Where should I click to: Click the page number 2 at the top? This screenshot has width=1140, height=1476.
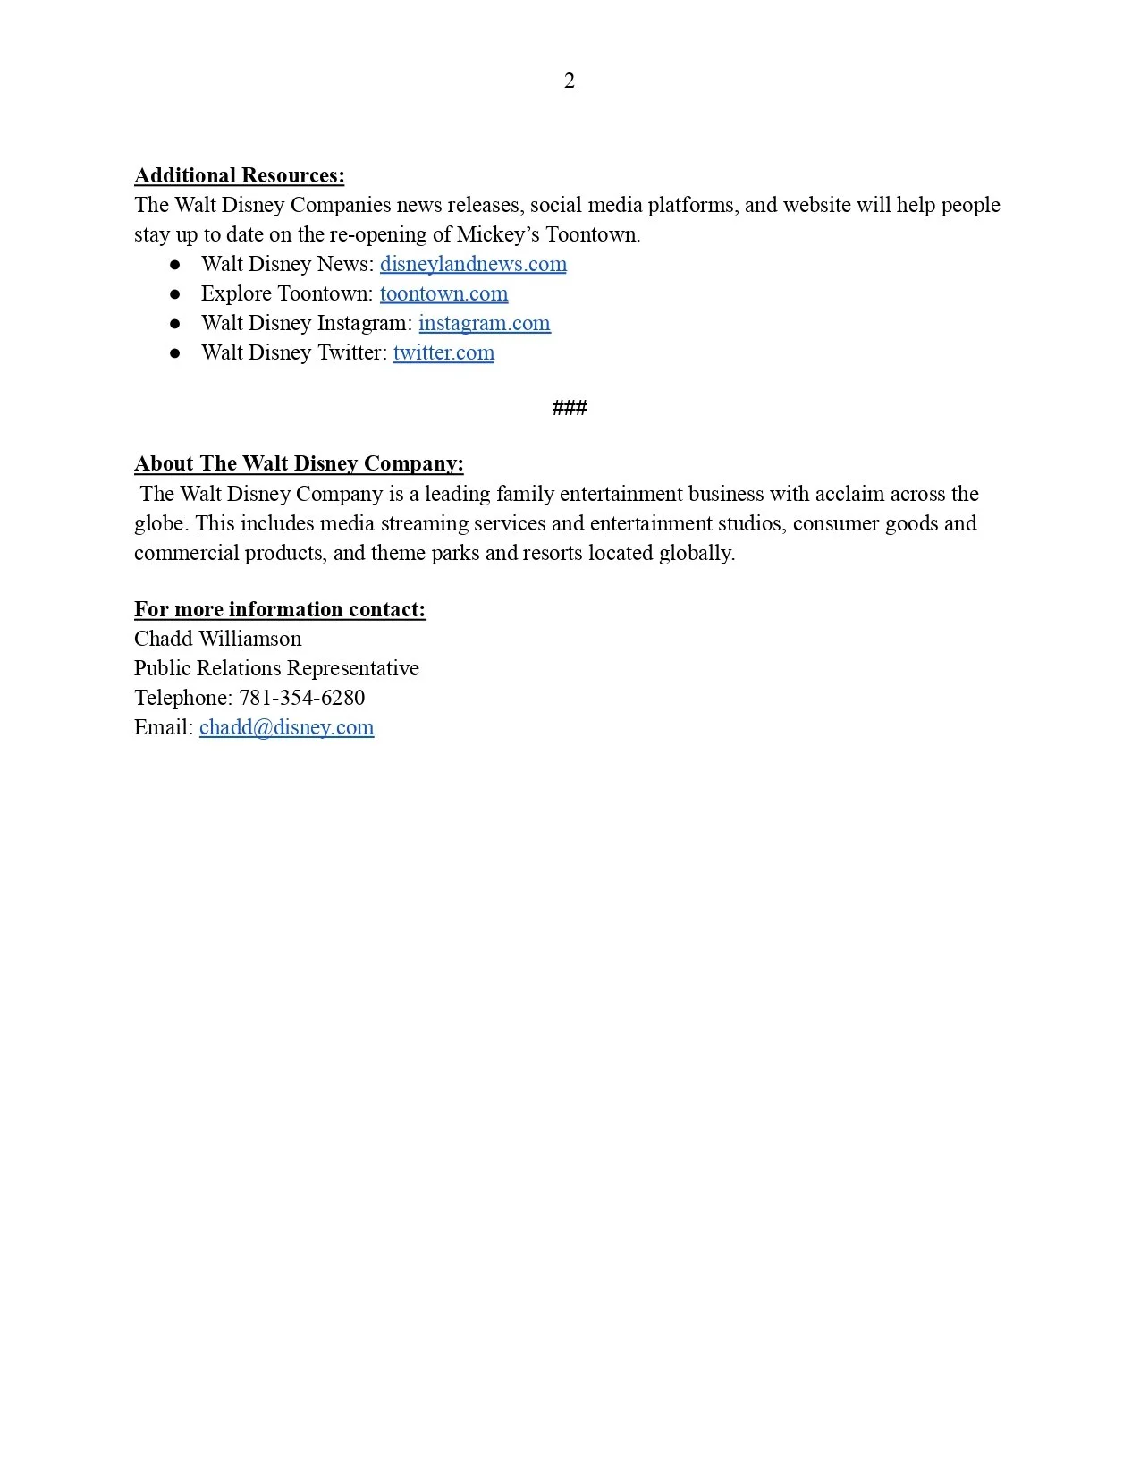tap(570, 81)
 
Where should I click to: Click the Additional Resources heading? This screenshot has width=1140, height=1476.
tap(239, 175)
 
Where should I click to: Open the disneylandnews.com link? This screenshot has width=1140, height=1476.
tap(473, 264)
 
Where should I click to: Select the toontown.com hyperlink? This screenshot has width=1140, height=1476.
tap(443, 293)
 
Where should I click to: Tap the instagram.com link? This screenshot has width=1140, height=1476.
tap(484, 323)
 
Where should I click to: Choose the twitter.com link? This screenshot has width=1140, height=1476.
tap(443, 352)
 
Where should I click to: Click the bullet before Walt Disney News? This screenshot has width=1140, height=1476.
tap(175, 265)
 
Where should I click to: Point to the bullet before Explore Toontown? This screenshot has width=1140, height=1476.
tap(175, 294)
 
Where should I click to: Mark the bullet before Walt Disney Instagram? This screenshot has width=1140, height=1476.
tap(175, 324)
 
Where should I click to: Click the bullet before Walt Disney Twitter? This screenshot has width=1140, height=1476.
tap(175, 353)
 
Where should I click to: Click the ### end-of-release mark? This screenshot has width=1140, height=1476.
tap(570, 409)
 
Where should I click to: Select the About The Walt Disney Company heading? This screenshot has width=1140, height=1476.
tap(299, 463)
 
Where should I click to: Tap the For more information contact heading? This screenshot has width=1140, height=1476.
tap(280, 609)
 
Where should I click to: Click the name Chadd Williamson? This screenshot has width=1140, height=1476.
tap(218, 639)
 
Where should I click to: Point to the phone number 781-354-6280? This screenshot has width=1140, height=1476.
tap(302, 698)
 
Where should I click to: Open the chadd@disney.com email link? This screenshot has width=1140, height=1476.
tap(286, 727)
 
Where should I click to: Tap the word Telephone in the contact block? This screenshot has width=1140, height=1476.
tap(182, 698)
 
